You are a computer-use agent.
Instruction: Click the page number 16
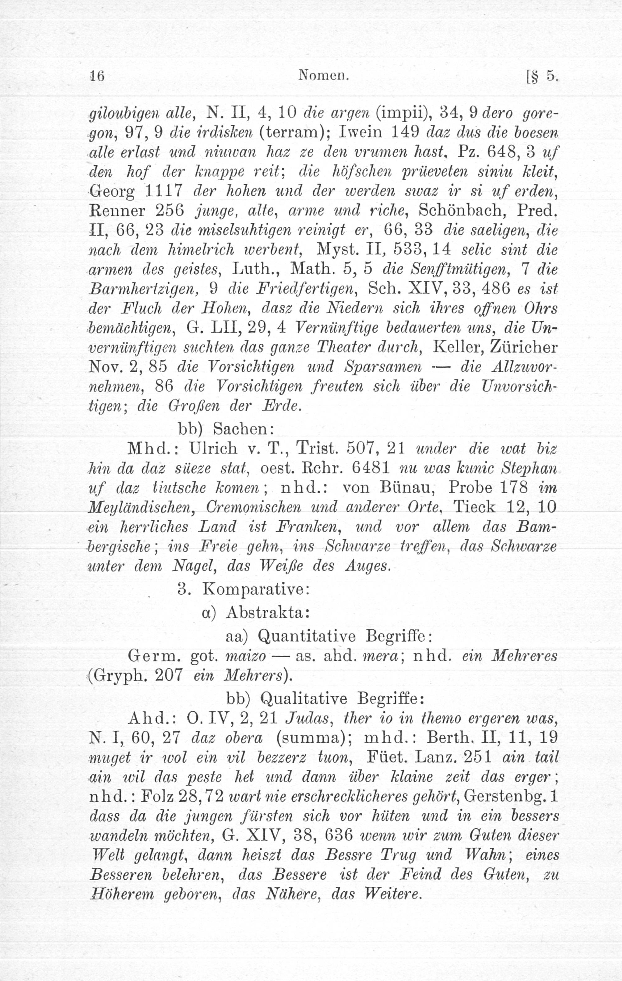click(x=97, y=76)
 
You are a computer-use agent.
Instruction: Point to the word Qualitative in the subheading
click(x=303, y=700)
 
